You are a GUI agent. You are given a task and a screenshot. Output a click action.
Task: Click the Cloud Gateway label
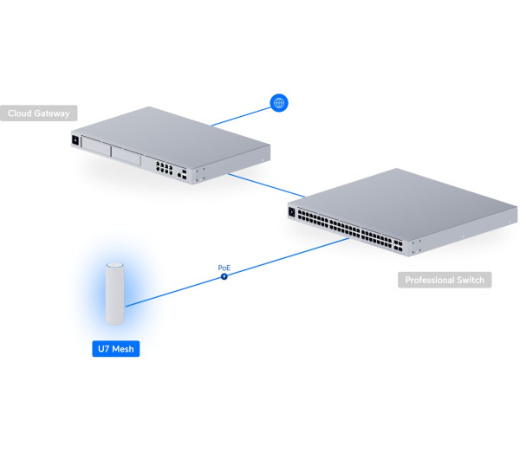click(x=38, y=113)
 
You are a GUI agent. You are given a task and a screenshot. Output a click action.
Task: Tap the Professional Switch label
click(x=445, y=280)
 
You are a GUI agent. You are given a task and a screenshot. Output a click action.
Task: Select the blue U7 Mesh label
click(x=116, y=349)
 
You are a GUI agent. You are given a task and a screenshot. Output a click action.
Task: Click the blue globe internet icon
click(x=279, y=103)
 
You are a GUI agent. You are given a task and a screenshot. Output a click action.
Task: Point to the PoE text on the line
click(x=224, y=268)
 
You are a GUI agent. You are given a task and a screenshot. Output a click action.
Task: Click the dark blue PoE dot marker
click(x=224, y=276)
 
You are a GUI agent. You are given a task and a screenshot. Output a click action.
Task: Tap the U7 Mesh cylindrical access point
click(x=115, y=294)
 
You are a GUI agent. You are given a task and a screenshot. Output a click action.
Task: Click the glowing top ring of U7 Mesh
click(x=115, y=265)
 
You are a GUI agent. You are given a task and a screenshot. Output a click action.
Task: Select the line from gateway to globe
click(x=241, y=117)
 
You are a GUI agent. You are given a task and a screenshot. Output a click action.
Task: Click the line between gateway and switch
click(x=267, y=185)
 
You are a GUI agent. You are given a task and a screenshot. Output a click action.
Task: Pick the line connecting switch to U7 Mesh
click(x=237, y=272)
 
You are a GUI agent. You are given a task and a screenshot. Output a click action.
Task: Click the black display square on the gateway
click(x=75, y=140)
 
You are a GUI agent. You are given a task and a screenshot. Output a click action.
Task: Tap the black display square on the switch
click(x=292, y=212)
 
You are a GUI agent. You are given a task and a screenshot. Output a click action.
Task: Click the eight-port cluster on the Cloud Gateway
click(x=164, y=168)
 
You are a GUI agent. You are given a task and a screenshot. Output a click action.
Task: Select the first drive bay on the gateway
click(x=96, y=146)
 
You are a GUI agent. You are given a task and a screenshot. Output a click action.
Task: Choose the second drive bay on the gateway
click(x=126, y=156)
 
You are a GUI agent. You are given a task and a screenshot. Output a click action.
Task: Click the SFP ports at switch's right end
click(x=398, y=246)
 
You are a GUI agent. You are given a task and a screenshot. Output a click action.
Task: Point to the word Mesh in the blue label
click(x=123, y=349)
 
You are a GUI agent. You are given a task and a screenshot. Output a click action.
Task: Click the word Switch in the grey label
click(x=471, y=280)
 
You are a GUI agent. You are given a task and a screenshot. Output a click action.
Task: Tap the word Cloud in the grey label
click(x=19, y=113)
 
